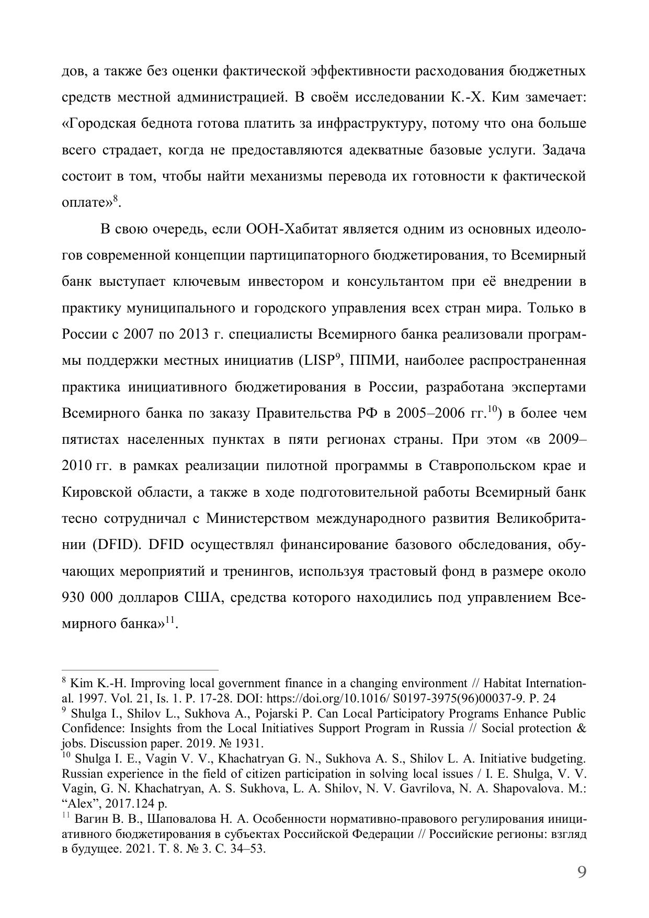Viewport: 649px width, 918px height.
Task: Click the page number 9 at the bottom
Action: (581, 872)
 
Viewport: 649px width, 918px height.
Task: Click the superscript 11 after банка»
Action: (169, 620)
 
